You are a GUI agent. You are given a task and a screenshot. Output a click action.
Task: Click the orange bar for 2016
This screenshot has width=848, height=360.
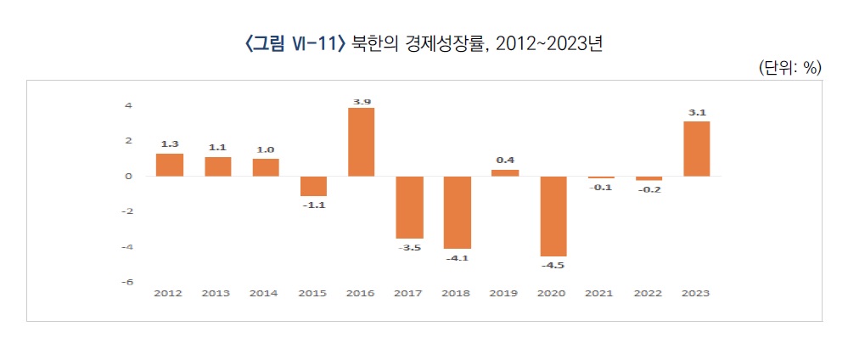pos(362,142)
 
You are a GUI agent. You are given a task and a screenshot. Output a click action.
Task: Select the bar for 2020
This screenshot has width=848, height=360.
pos(553,216)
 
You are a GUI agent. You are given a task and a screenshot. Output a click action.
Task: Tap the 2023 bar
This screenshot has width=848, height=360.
pos(696,149)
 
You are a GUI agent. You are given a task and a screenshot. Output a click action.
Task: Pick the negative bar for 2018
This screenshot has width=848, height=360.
pos(458,212)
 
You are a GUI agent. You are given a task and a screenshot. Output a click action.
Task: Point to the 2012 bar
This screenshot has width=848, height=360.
pos(170,165)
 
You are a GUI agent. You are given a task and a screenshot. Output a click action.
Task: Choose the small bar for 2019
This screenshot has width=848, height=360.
pos(505,172)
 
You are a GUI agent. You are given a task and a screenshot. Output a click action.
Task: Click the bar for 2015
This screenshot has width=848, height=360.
pos(313,186)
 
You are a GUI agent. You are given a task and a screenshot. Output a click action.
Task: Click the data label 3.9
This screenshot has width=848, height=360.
pos(362,102)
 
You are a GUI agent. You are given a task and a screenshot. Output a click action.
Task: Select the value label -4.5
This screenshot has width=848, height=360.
pos(553,265)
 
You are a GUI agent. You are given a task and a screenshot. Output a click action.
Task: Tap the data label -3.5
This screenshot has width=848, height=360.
pos(409,248)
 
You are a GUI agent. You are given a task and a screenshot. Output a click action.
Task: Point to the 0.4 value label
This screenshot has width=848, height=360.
pos(505,160)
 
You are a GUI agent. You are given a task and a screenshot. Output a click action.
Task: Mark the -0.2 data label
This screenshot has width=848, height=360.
pos(649,189)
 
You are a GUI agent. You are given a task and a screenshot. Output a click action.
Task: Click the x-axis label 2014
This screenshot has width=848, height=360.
pos(265,294)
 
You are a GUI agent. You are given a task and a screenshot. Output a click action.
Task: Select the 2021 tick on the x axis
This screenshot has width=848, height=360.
pos(601,294)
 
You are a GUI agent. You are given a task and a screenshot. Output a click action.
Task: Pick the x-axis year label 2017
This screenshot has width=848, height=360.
pos(409,294)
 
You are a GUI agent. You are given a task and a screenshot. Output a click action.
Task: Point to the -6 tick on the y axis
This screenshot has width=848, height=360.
pos(127,282)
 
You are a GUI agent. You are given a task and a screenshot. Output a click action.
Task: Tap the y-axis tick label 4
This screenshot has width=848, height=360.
pos(128,106)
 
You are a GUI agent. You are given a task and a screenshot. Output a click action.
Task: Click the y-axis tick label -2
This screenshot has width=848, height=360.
pos(127,211)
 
